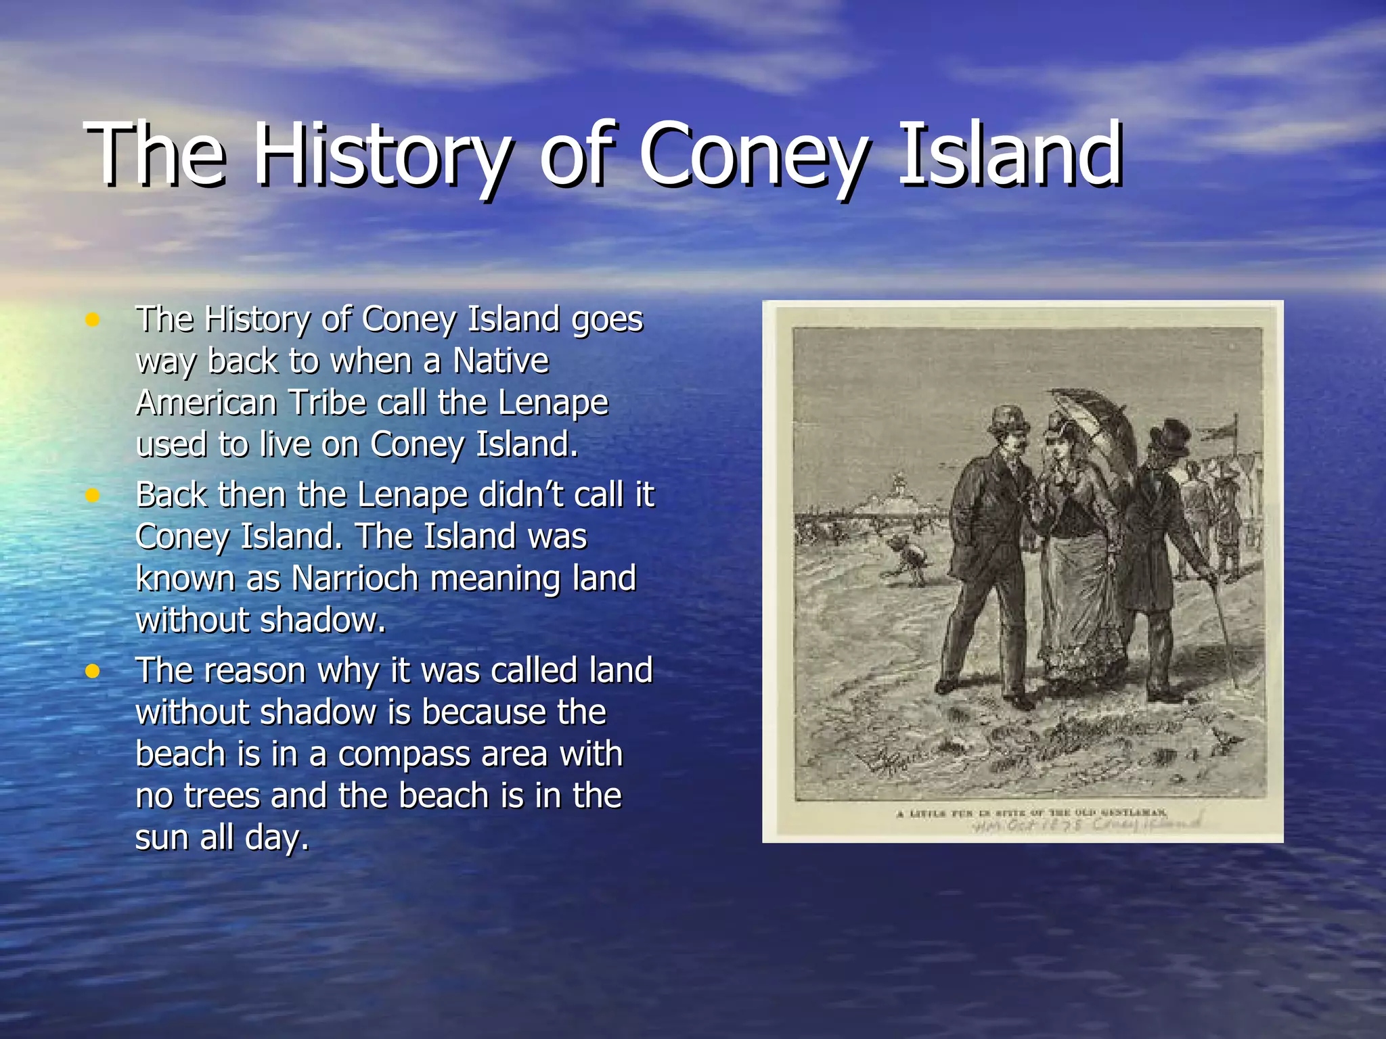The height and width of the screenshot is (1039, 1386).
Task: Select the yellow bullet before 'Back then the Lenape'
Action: [x=93, y=496]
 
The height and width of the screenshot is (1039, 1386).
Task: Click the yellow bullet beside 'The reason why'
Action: [x=93, y=671]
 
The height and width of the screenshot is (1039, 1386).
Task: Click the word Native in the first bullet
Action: [x=501, y=361]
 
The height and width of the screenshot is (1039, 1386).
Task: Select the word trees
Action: [x=222, y=795]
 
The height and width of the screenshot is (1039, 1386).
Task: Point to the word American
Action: [x=206, y=402]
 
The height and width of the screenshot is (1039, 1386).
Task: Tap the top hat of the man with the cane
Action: [x=1169, y=438]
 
